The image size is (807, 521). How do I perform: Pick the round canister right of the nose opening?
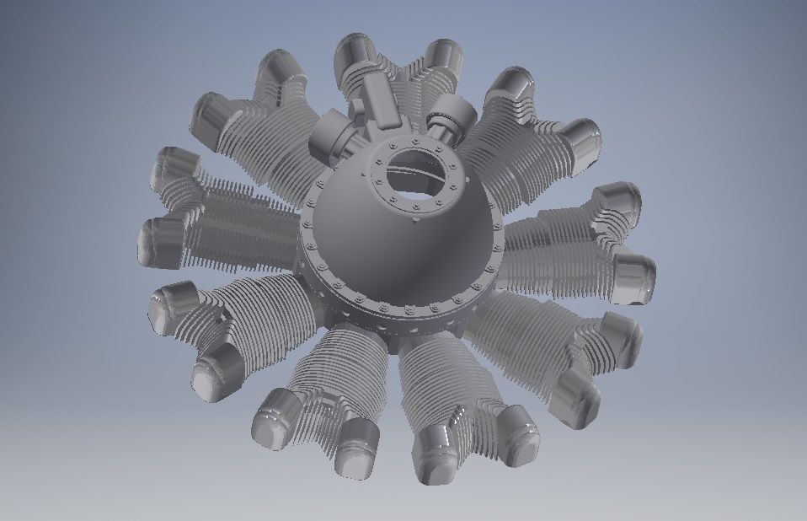click(x=452, y=114)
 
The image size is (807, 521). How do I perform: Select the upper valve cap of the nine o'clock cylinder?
click(x=173, y=164)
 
